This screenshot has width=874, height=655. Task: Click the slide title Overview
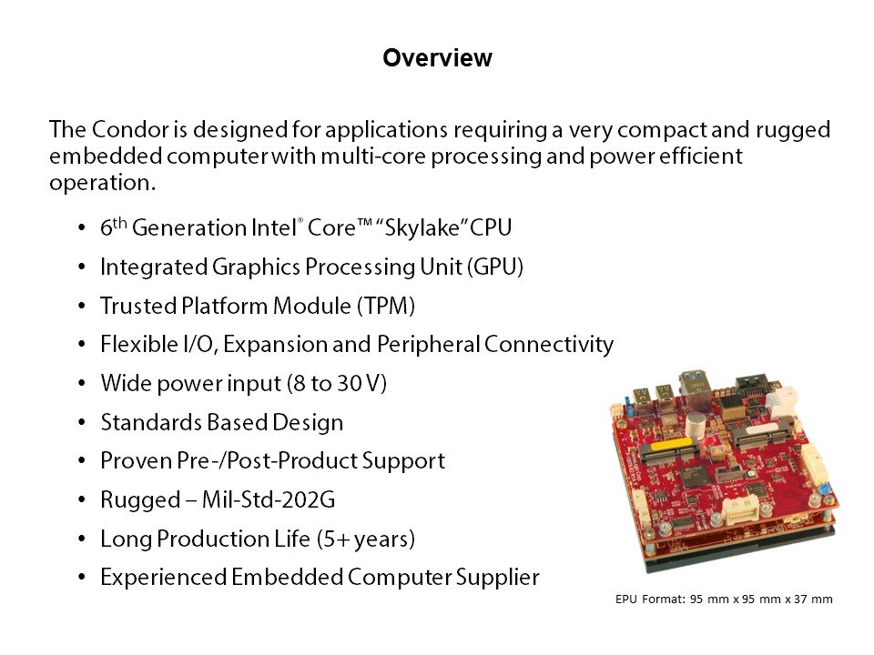coord(437,58)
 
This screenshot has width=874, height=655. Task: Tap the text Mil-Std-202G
coord(268,499)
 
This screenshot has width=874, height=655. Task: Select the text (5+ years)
coord(365,539)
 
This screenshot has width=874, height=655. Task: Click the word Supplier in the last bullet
coord(497,578)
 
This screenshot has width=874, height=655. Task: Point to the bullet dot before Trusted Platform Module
coord(82,307)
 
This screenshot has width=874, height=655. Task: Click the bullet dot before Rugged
coord(82,500)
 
